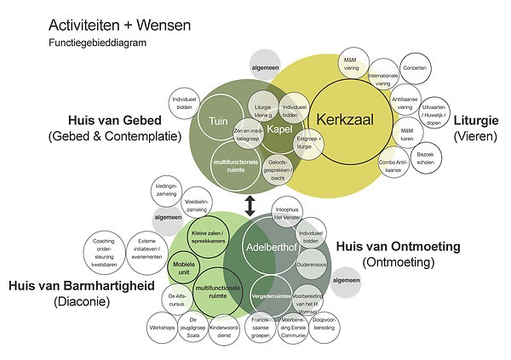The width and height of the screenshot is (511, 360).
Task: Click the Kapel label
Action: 279,129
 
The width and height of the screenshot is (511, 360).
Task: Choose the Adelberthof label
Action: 267,248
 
